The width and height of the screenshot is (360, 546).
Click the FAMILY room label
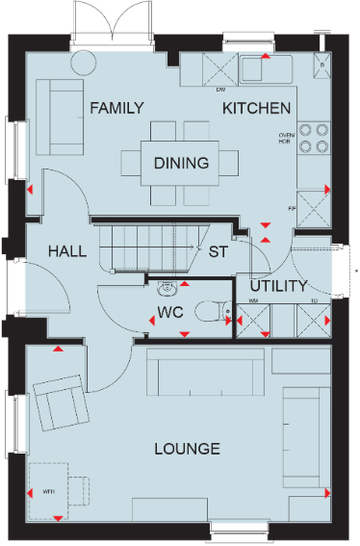(x=116, y=108)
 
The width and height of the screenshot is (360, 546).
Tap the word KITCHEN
(x=257, y=108)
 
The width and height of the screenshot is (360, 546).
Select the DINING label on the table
(x=182, y=163)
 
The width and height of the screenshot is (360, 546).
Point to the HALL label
(x=66, y=251)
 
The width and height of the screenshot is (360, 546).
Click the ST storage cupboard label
(x=218, y=252)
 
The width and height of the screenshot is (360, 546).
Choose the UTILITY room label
(x=278, y=286)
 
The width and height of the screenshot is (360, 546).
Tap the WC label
(x=169, y=314)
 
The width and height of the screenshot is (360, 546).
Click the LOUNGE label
(x=188, y=449)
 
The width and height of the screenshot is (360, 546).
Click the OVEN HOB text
(x=285, y=138)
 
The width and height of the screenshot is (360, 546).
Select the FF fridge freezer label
(x=293, y=205)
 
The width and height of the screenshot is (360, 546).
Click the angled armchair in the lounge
(x=61, y=403)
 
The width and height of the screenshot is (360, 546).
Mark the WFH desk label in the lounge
(x=49, y=491)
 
